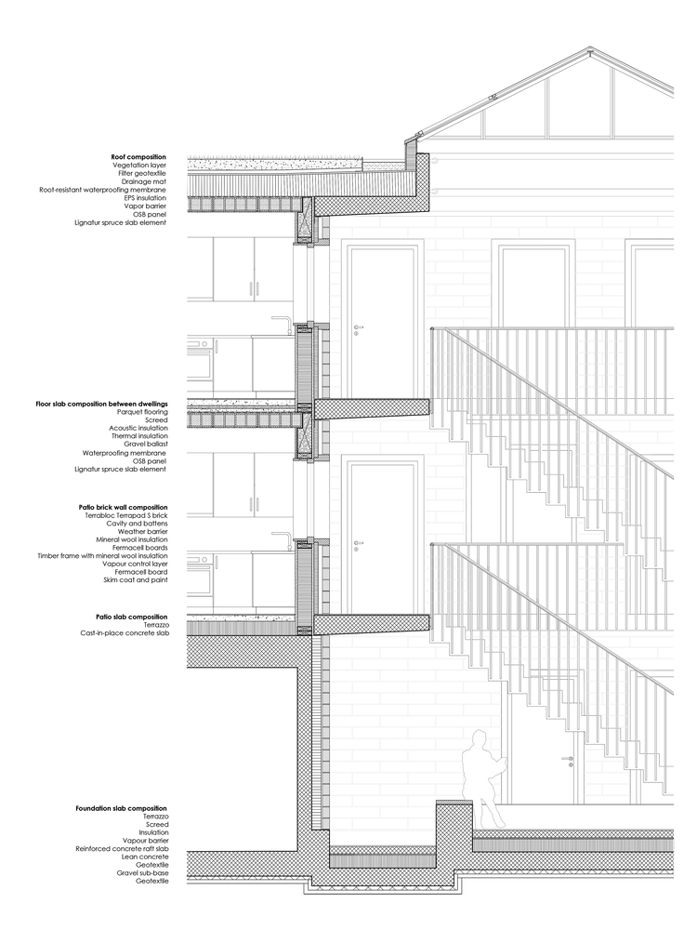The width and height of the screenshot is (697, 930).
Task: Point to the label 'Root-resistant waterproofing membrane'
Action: (x=103, y=190)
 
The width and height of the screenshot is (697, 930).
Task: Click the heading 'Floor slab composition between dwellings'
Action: (x=101, y=405)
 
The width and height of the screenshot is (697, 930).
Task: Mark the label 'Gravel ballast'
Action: (x=145, y=445)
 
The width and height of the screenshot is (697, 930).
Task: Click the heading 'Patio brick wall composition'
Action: (x=124, y=507)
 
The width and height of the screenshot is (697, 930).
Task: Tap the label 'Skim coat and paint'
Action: (x=136, y=580)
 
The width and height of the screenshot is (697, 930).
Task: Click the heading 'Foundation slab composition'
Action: (x=122, y=808)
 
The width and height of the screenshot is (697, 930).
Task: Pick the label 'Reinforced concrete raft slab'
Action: (x=122, y=849)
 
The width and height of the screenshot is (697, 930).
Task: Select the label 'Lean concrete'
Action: (x=143, y=857)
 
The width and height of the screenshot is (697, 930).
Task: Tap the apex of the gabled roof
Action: (x=589, y=54)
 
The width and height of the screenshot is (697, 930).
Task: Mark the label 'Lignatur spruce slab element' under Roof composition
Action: (x=121, y=222)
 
